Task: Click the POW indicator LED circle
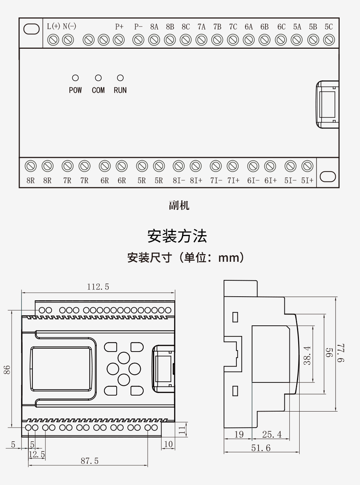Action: point(75,78)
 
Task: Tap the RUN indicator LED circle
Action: point(120,78)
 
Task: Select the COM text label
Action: point(98,90)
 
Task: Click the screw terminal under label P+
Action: point(119,40)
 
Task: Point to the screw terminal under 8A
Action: point(154,40)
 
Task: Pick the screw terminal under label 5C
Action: point(329,40)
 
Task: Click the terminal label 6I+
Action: point(271,181)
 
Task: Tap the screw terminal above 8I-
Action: point(179,166)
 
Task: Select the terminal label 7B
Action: point(217,27)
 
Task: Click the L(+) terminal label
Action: point(53,26)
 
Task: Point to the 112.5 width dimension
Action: point(98,287)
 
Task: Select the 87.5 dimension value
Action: point(90,461)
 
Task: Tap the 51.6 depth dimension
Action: point(261,448)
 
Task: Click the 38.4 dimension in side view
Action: point(307,356)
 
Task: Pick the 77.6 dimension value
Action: point(341,353)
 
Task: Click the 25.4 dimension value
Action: point(272,434)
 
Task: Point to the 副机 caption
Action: point(179,205)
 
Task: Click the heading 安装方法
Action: point(177,236)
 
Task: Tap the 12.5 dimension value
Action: point(37,454)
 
